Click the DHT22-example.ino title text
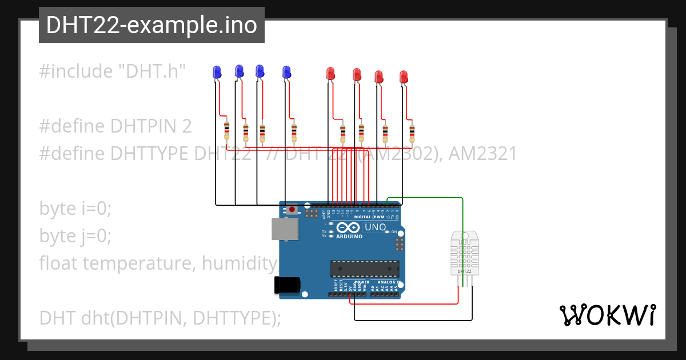click(x=151, y=26)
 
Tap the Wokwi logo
click(x=607, y=315)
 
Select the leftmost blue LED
click(x=217, y=72)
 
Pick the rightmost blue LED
click(x=286, y=72)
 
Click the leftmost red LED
click(x=330, y=73)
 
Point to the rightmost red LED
click(x=404, y=77)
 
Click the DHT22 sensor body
click(x=464, y=252)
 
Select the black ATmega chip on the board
click(x=364, y=268)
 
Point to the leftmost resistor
click(x=227, y=130)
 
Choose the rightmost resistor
click(x=412, y=133)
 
